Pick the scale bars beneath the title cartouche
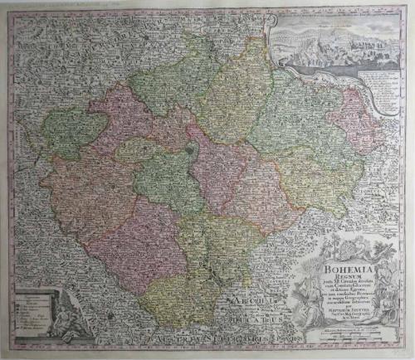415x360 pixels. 340,332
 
